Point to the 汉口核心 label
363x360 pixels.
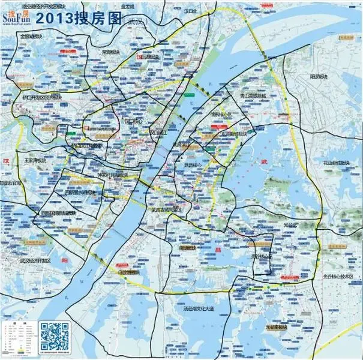(134, 121)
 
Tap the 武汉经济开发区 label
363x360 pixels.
(34, 261)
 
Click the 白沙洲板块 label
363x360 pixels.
(128, 272)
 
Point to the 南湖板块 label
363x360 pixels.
(184, 247)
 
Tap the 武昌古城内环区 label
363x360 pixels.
(166, 210)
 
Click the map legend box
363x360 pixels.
(18, 338)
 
